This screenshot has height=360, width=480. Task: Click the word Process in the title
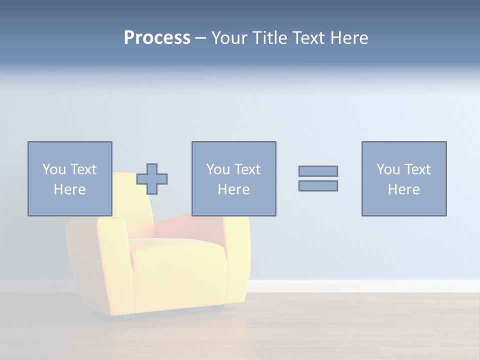click(157, 38)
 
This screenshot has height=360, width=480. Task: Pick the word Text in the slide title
click(306, 38)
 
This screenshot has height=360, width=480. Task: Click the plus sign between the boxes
click(152, 178)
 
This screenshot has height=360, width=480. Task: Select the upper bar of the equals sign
click(318, 171)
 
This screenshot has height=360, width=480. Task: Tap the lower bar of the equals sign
click(318, 185)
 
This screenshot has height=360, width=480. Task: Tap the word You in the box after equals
click(387, 169)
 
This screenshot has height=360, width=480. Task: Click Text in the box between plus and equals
click(247, 169)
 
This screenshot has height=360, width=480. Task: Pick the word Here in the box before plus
click(69, 189)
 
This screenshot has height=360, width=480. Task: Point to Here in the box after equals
click(403, 189)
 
